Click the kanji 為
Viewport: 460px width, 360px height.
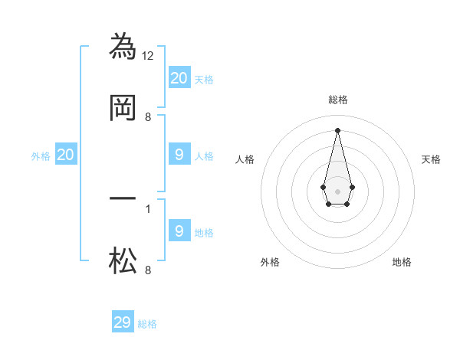click(x=123, y=46)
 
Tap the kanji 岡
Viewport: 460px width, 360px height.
click(x=123, y=108)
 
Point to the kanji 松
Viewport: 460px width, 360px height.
click(x=123, y=261)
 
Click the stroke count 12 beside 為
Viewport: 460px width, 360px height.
click(x=149, y=55)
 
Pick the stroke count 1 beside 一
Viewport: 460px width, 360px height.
click(x=148, y=208)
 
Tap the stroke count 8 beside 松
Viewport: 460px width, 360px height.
click(x=148, y=270)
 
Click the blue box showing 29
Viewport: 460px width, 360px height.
click(x=123, y=322)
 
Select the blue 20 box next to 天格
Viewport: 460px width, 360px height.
click(x=179, y=77)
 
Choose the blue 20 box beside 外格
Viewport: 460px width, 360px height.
click(x=66, y=155)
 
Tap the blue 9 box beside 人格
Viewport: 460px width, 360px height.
click(x=179, y=155)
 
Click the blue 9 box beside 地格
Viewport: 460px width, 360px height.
click(x=179, y=231)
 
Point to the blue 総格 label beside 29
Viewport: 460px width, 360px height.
click(x=147, y=324)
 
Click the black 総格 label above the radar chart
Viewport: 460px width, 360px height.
click(x=337, y=100)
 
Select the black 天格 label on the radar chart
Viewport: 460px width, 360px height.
click(x=432, y=159)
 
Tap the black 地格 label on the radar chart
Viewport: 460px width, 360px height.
click(x=402, y=262)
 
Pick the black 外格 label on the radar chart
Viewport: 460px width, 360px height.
click(x=270, y=262)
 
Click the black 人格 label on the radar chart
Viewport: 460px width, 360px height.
click(x=245, y=159)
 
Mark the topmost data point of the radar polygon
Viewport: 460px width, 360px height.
click(x=337, y=129)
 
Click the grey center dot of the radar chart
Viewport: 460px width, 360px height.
click(x=337, y=190)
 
